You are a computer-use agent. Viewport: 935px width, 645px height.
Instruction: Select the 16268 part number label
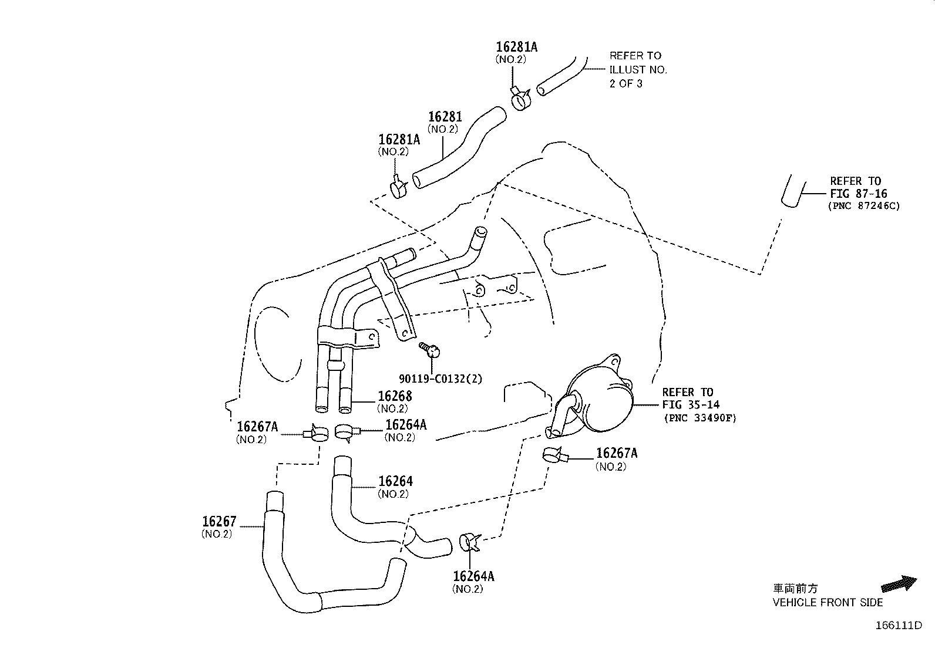pyautogui.click(x=395, y=396)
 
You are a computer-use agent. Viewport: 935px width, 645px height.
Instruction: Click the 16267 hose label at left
pyautogui.click(x=219, y=521)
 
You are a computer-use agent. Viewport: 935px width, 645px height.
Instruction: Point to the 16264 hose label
pyautogui.click(x=395, y=481)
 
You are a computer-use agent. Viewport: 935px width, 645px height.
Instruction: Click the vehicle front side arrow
pyautogui.click(x=899, y=584)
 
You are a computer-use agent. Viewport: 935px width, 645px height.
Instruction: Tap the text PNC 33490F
pyautogui.click(x=700, y=418)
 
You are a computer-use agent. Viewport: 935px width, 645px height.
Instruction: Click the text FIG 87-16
pyautogui.click(x=858, y=194)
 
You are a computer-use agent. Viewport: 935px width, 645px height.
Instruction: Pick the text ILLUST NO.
pyautogui.click(x=638, y=69)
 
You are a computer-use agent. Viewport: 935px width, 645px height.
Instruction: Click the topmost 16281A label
pyautogui.click(x=516, y=47)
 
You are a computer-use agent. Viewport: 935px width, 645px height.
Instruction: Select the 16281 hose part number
pyautogui.click(x=445, y=117)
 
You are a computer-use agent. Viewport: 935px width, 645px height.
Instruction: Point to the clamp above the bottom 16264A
pyautogui.click(x=470, y=542)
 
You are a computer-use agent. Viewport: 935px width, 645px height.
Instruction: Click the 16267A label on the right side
pyautogui.click(x=617, y=453)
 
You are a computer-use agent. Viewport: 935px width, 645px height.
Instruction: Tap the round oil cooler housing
pyautogui.click(x=602, y=399)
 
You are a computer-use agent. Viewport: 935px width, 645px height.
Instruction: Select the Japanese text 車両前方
pyautogui.click(x=795, y=589)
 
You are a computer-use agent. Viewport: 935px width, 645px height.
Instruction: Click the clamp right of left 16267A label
pyautogui.click(x=317, y=434)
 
